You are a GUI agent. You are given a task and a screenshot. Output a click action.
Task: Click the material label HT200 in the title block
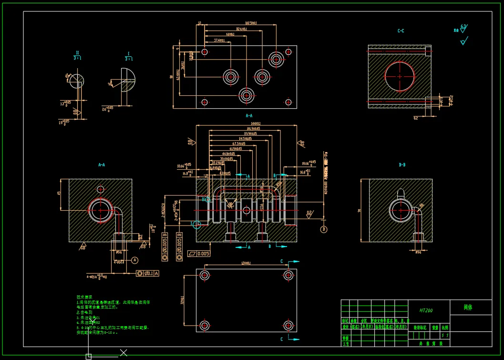tap(426, 310)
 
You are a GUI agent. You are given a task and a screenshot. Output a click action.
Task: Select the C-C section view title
tap(401, 31)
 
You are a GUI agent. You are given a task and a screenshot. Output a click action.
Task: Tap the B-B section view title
tap(402, 165)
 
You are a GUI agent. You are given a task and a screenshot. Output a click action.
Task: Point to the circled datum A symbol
tap(135, 260)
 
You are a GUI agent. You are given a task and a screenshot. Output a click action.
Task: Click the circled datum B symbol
tap(324, 229)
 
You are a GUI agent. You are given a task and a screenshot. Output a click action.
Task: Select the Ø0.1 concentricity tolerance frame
tap(148, 273)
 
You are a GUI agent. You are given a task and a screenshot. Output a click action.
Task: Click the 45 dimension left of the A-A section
tap(58, 194)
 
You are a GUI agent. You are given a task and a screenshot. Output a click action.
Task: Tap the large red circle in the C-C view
tap(400, 76)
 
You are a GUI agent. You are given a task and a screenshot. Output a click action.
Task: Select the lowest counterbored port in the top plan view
tap(247, 95)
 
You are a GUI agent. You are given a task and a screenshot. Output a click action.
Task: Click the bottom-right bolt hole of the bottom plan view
tap(288, 326)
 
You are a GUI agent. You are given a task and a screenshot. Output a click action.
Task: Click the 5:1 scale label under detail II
tap(77, 58)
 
